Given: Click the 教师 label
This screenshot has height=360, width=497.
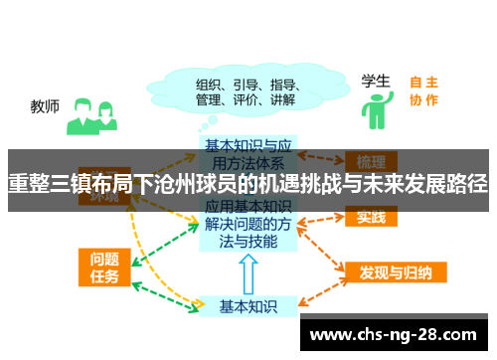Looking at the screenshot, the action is pos(45,104).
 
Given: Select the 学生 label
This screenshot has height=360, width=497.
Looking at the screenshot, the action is pos(375,80).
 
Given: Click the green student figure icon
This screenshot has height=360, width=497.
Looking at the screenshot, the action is pos(375,110).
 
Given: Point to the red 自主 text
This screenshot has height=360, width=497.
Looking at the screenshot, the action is pos(423,83).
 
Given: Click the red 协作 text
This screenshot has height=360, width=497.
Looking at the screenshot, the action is pos(423,99).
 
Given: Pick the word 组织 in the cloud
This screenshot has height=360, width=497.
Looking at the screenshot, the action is pos(210,84).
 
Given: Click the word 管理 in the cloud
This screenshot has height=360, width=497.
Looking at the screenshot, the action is pos(210,100).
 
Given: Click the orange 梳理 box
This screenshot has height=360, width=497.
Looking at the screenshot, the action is pos(371,161).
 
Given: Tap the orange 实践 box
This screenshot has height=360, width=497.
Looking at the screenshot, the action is pos(371,216).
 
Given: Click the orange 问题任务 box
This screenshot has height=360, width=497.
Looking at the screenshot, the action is pos(104,267).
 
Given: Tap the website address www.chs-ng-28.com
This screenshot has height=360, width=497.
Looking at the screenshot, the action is pos(394,334).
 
